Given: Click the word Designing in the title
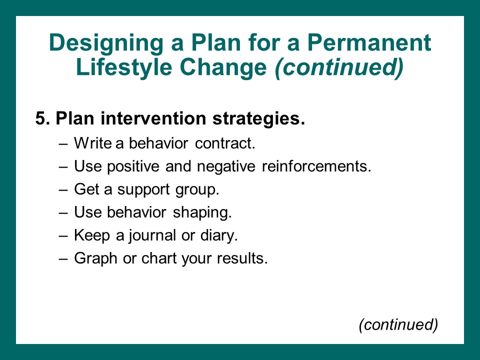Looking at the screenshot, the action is pos(106,43).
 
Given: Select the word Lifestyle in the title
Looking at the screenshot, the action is pos(124,68).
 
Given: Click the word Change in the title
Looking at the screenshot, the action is pos(223,68).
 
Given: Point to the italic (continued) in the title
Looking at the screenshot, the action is pos(339,68).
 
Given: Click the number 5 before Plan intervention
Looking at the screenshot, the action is pos(40,118).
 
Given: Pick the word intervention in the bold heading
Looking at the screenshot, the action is pos(153,118).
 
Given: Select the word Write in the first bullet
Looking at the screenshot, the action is pos(93,143).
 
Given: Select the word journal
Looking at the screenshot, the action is pos(152,235).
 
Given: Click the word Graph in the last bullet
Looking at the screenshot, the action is pos(95,258).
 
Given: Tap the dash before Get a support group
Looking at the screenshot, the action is pos(63,190).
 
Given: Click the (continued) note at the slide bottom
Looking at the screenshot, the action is pos(398,324).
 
